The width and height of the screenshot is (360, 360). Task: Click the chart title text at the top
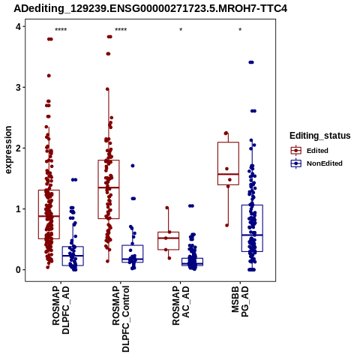[150, 9]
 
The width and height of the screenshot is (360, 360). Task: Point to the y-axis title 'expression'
[8, 150]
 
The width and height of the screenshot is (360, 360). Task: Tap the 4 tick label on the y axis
[18, 26]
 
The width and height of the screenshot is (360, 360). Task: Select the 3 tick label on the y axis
[18, 88]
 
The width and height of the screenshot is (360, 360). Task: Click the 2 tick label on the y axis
[18, 148]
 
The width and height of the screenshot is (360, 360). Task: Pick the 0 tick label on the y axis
[18, 270]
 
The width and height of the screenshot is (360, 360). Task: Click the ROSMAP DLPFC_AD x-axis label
[61, 310]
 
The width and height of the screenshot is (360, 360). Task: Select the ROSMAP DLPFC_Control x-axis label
[121, 319]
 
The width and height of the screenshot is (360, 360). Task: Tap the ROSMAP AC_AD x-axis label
[181, 305]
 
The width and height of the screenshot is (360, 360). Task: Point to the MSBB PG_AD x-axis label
[240, 301]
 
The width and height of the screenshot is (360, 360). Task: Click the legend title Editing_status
[320, 136]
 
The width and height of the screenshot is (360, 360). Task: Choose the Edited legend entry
[310, 151]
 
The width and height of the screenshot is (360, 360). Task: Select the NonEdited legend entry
[316, 163]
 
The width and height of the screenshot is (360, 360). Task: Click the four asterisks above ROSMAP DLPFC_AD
[61, 30]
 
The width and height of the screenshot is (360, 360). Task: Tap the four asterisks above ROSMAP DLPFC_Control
[121, 30]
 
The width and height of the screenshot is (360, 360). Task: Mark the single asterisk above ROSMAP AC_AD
[181, 30]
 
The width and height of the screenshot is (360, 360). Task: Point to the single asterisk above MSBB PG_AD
[240, 30]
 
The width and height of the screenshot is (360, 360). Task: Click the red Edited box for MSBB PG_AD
[228, 142]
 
